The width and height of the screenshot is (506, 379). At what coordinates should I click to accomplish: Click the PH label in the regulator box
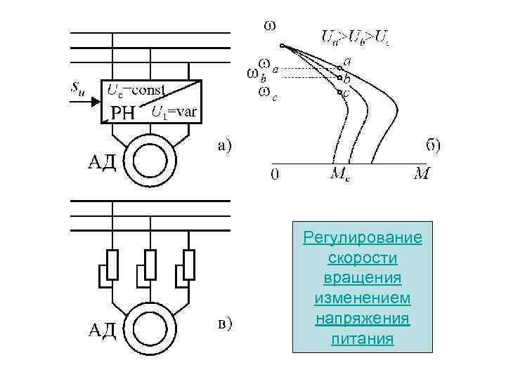123,112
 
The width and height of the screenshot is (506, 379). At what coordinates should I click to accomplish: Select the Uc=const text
136,90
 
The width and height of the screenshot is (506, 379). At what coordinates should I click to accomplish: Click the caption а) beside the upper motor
223,146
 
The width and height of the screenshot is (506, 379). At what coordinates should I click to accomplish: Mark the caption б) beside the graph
434,145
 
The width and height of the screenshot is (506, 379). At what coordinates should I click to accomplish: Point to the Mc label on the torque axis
341,174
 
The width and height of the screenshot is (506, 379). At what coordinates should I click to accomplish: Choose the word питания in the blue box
363,340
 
